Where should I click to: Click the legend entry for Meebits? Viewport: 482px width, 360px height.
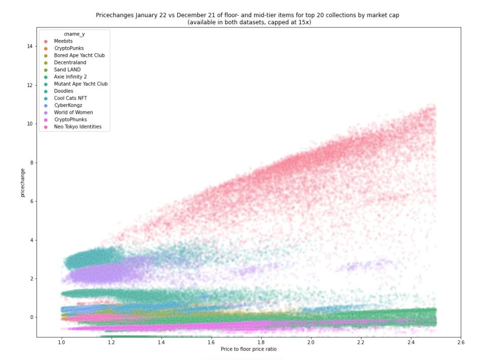pyautogui.click(x=64, y=41)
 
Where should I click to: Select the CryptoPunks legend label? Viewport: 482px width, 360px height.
pyautogui.click(x=68, y=48)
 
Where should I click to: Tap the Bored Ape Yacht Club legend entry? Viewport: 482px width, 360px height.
pyautogui.click(x=79, y=55)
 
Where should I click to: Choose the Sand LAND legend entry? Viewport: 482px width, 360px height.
pyautogui.click(x=67, y=69)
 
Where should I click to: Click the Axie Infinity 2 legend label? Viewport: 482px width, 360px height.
pyautogui.click(x=71, y=76)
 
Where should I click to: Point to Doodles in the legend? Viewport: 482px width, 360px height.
pyautogui.click(x=64, y=91)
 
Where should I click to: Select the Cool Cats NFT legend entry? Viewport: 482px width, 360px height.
pyautogui.click(x=70, y=98)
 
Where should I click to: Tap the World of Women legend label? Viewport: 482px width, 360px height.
pyautogui.click(x=73, y=112)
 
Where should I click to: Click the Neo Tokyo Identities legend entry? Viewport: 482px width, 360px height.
pyautogui.click(x=77, y=127)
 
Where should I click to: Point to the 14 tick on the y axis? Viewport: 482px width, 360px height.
pyautogui.click(x=30, y=46)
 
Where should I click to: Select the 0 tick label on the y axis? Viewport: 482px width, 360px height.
pyautogui.click(x=31, y=317)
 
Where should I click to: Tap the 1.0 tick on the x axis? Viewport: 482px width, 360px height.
pyautogui.click(x=62, y=343)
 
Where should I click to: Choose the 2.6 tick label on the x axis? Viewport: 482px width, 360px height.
pyautogui.click(x=460, y=343)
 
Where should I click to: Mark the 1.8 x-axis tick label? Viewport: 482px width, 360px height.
pyautogui.click(x=261, y=343)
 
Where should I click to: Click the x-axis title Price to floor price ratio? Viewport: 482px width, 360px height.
pyautogui.click(x=249, y=349)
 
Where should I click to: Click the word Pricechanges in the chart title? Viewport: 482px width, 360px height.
pyautogui.click(x=112, y=15)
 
